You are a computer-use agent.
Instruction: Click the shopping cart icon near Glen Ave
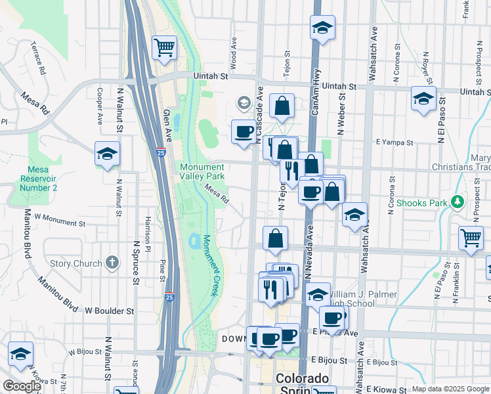[x=164, y=47]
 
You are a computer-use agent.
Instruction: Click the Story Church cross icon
[x=112, y=263]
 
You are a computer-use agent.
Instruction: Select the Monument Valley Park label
[x=203, y=171]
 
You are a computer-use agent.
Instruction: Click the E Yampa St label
[x=394, y=142]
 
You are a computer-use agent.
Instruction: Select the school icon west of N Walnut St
[x=107, y=154]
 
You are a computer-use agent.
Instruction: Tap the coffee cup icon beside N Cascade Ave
[x=244, y=131]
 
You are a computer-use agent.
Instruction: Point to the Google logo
[x=22, y=386]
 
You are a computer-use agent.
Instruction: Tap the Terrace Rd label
[x=37, y=57]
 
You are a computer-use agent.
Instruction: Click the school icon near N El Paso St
[x=423, y=99]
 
